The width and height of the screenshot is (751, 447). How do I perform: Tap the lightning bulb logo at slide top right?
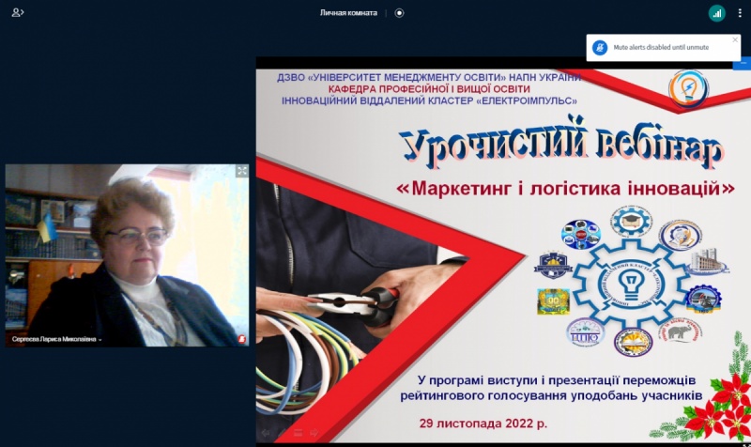point(688,89)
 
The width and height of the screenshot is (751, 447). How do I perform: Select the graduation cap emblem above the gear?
point(629,222)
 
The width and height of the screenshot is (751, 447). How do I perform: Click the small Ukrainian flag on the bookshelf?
point(48,226)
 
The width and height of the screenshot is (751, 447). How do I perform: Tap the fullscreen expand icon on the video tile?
point(242,171)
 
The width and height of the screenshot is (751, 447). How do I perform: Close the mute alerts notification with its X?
point(735,40)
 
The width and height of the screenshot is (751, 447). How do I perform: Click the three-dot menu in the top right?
point(739,13)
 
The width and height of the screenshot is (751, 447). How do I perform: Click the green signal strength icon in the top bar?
point(716,13)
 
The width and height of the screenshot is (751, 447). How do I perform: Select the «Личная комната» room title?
point(348,13)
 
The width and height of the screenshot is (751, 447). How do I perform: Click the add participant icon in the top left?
point(18,13)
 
